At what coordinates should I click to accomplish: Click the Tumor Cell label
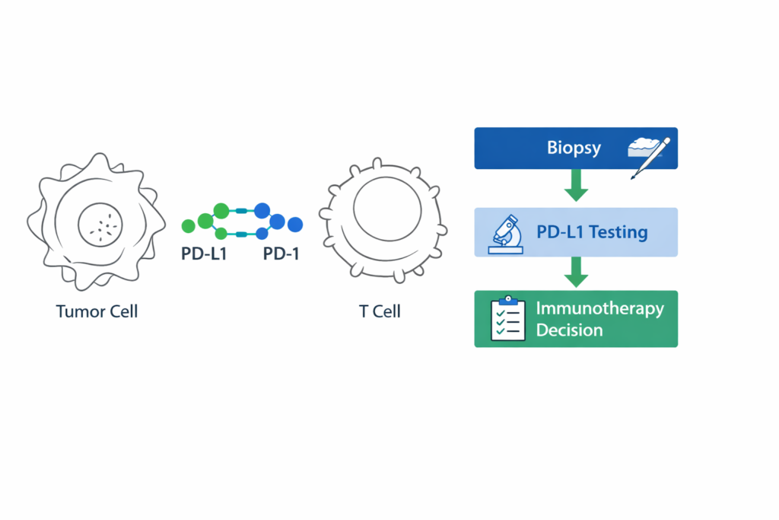[97, 311]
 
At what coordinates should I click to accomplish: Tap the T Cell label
[380, 311]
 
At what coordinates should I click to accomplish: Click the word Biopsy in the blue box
[574, 148]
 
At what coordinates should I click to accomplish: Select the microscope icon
[507, 231]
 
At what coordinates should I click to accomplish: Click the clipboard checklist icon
[507, 320]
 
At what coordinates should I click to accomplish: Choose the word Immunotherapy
[599, 309]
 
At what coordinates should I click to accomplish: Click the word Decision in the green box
[569, 330]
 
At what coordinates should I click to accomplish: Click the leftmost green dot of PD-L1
[189, 226]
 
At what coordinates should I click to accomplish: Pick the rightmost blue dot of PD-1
[295, 225]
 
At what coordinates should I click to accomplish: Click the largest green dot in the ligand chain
[221, 211]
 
